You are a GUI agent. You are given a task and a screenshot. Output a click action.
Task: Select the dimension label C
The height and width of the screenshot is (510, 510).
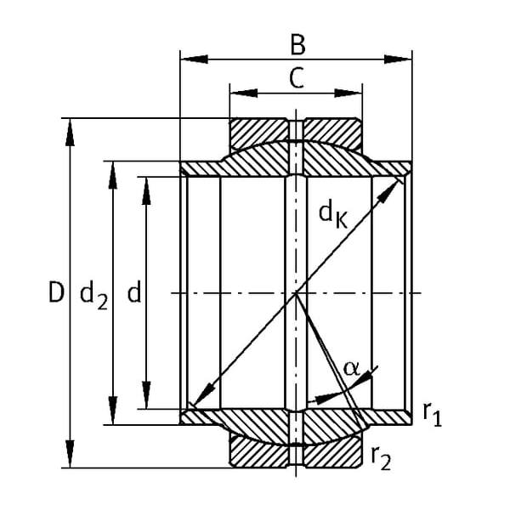point(297,78)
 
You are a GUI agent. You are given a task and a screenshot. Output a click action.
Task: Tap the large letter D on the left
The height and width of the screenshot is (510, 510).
point(55,292)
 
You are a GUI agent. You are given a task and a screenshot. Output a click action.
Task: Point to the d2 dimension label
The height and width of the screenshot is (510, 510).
point(93,295)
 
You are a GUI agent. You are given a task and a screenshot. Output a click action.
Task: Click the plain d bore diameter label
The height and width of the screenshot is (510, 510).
point(134,292)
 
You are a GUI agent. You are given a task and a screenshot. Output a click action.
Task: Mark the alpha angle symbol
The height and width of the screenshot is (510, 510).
point(352,369)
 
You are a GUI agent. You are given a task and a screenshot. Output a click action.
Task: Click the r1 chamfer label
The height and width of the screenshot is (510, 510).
point(433,414)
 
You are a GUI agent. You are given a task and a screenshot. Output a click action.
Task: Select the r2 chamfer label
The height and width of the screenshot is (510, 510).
point(381,458)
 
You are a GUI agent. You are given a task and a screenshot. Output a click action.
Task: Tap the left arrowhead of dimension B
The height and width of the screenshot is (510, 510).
point(194,59)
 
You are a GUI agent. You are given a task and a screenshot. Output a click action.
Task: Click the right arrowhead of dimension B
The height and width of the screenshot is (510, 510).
point(398,59)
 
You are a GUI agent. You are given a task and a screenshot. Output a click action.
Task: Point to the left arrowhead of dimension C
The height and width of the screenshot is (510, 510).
point(244,93)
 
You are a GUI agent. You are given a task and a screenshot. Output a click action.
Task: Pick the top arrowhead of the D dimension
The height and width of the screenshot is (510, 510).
point(70,133)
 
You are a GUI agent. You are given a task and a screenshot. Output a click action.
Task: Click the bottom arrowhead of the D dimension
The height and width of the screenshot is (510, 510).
point(70,454)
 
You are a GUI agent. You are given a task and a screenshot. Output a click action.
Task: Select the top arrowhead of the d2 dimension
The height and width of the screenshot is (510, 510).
point(112,175)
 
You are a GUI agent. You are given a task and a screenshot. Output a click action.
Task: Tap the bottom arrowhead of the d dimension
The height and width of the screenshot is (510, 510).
point(146,395)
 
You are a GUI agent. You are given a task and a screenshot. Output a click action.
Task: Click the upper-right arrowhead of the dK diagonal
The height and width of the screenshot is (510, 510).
point(389,191)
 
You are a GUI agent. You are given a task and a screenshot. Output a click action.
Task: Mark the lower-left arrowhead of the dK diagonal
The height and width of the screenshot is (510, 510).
point(203,394)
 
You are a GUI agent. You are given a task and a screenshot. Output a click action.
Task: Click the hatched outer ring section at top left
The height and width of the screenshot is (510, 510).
point(259,134)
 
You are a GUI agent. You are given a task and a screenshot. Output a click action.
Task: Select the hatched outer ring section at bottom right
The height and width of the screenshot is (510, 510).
point(332,451)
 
